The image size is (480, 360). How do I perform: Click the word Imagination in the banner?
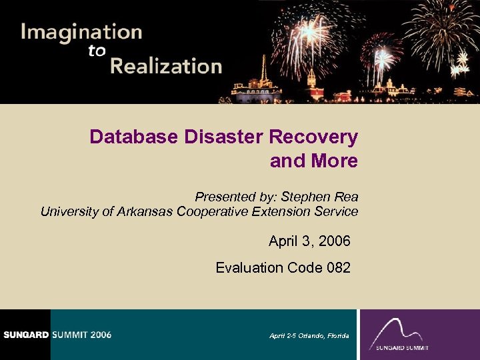(x=81, y=33)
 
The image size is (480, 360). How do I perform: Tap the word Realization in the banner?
(x=166, y=67)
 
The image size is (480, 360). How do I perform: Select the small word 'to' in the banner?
(x=97, y=51)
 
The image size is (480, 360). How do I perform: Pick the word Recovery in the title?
(x=313, y=137)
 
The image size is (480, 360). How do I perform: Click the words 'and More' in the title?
(x=313, y=161)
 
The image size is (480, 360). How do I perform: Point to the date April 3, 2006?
(x=309, y=241)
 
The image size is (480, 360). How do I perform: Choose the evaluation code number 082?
(x=339, y=268)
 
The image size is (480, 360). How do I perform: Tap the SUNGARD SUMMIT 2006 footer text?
(x=56, y=335)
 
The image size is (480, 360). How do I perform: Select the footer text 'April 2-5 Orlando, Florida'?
(x=309, y=335)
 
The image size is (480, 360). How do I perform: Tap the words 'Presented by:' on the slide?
(x=235, y=197)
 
